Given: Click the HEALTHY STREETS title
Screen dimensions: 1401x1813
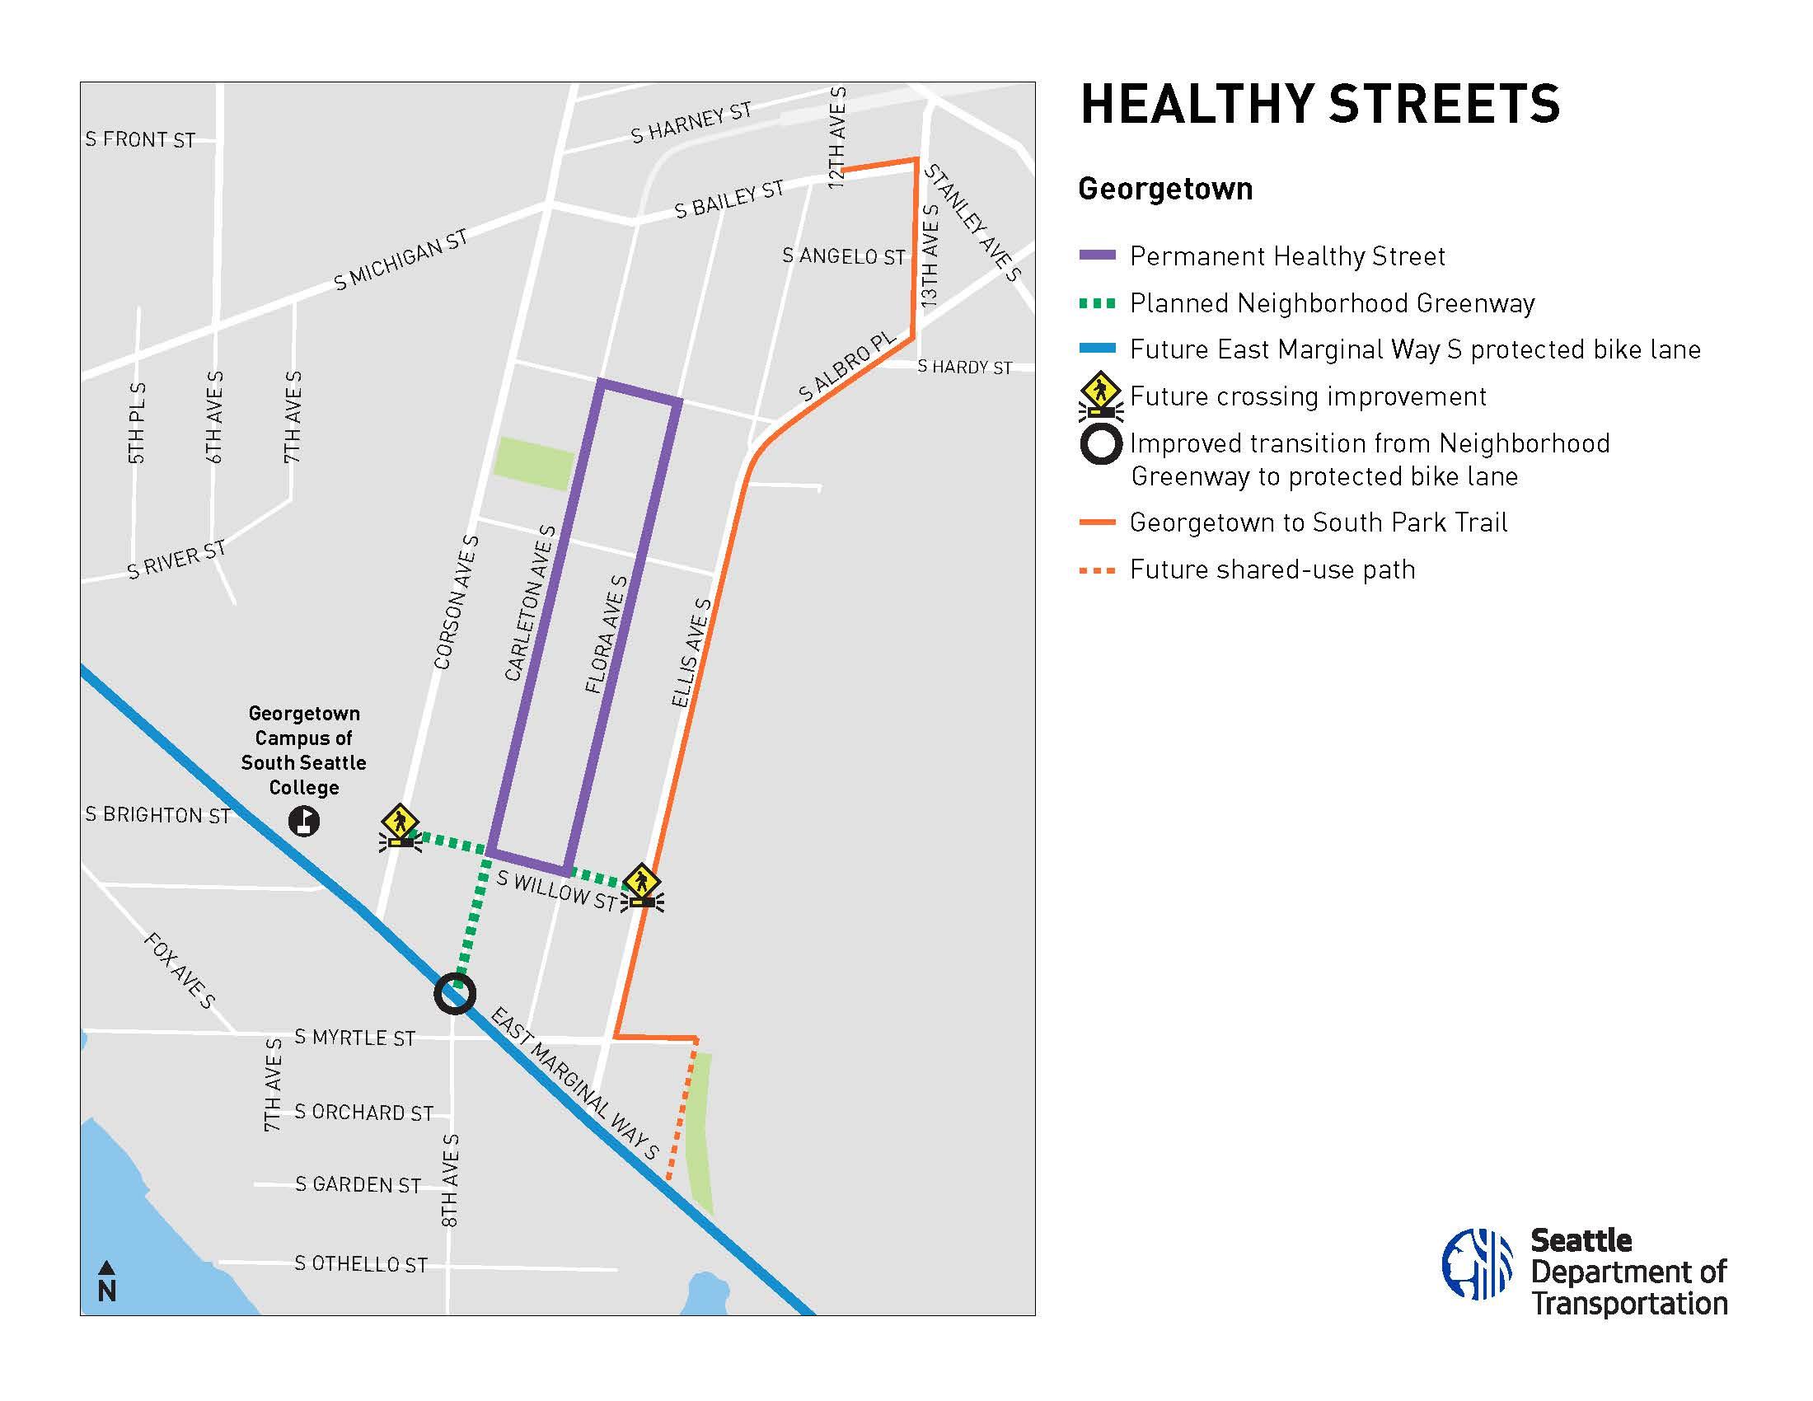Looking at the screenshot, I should pos(1319,105).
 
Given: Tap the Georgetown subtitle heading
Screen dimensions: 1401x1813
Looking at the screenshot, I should pos(1164,190).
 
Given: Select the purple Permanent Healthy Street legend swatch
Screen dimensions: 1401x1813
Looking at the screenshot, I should pos(1097,255).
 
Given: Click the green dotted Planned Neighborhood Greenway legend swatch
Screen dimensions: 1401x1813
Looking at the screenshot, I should pos(1097,303).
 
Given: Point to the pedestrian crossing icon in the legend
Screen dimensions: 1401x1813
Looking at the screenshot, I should pos(1101,395).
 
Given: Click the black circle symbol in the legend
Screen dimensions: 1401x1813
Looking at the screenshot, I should pos(1101,445).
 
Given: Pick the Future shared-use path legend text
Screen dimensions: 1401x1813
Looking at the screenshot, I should pos(1272,570).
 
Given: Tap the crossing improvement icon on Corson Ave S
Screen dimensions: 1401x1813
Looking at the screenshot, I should pos(401,827).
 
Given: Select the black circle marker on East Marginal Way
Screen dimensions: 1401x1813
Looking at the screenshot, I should pos(454,994).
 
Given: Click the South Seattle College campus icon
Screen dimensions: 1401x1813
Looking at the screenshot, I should pos(304,822).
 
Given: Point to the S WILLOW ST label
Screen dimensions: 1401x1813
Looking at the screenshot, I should pos(556,891).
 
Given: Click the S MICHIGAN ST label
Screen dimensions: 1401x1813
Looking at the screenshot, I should pos(401,260).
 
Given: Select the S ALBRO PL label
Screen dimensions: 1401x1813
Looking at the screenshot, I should pos(846,367).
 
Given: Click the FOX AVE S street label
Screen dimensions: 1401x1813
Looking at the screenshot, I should pos(180,970).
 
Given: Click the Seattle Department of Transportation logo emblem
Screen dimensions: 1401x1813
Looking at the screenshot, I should pos(1477,1264).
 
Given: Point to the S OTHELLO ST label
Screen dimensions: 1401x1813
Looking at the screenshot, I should pos(361,1264).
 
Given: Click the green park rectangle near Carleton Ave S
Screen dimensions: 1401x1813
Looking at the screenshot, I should pos(532,463).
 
